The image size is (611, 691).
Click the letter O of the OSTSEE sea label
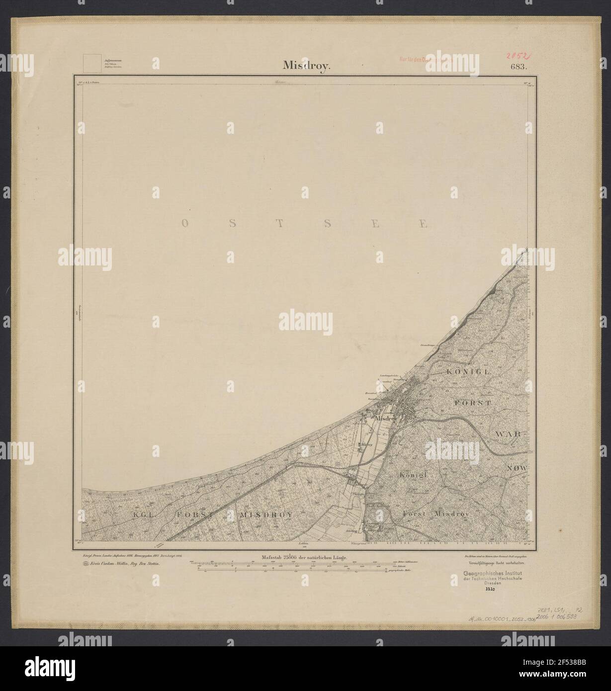(184, 224)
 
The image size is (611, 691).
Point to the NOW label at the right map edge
(519, 468)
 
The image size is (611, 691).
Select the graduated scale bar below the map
(293, 568)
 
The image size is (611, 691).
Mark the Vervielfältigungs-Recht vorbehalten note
(494, 563)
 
